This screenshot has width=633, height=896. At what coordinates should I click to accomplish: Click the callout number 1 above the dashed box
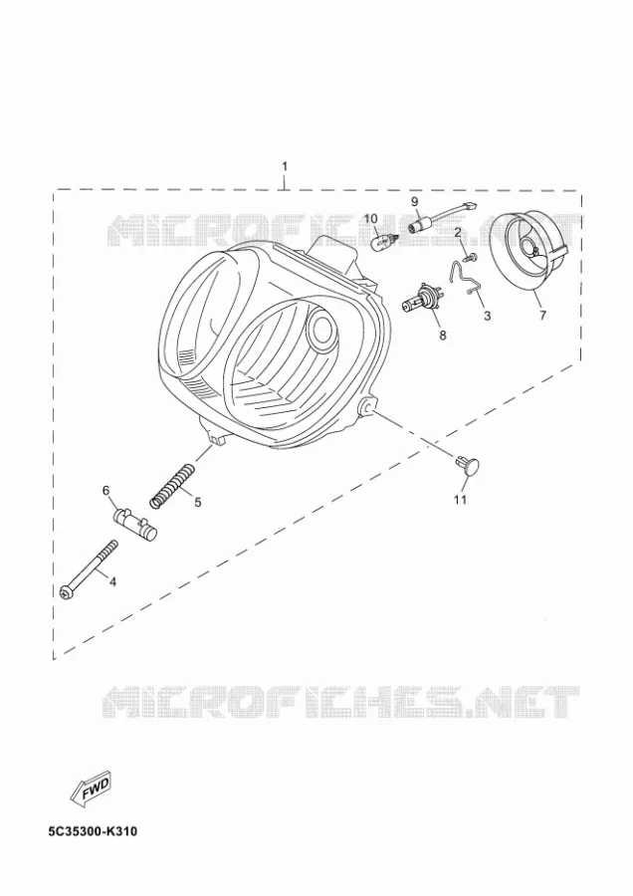285,166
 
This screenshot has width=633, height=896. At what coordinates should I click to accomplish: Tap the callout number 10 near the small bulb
371,218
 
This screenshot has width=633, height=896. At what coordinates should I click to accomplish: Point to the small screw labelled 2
471,258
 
